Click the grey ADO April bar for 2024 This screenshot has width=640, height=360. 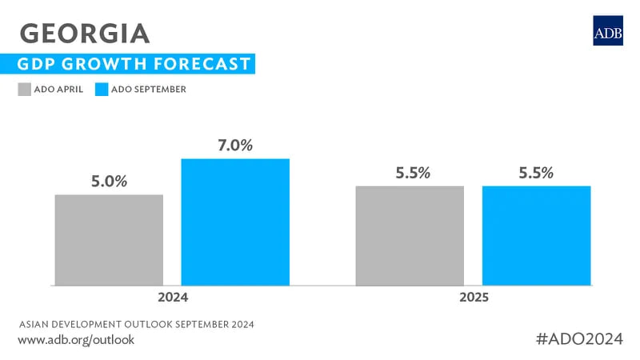(109, 240)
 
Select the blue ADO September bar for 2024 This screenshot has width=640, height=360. (235, 222)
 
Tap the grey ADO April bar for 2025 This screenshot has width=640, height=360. (410, 235)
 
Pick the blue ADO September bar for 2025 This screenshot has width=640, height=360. (536, 235)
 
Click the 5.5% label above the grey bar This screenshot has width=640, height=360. (410, 173)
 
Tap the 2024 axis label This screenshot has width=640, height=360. (172, 298)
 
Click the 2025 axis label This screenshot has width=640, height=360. (473, 298)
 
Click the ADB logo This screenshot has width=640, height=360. (607, 30)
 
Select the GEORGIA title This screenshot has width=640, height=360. (84, 33)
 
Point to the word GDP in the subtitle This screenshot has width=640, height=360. (46, 64)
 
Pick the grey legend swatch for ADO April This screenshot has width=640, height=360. (24, 89)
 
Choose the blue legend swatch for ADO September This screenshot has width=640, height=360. (102, 89)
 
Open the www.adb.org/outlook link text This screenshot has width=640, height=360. (76, 340)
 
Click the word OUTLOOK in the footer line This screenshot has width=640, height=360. (141, 324)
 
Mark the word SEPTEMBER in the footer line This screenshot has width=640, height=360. (196, 324)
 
